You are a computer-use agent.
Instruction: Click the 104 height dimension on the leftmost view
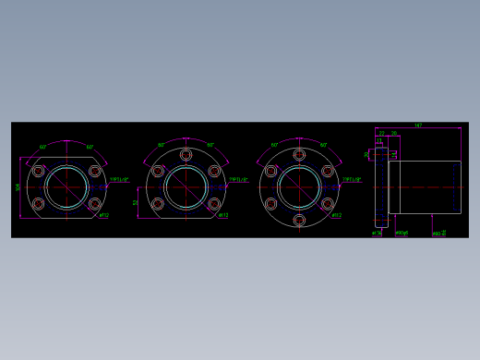[17, 187]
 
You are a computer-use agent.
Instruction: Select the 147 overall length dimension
[417, 125]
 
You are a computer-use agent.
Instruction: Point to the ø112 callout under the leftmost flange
[103, 216]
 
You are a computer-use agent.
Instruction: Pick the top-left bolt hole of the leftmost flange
[38, 172]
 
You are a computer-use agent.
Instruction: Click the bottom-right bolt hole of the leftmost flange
[94, 203]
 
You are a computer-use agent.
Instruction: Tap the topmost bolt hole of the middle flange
[186, 155]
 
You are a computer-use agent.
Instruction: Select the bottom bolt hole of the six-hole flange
[299, 220]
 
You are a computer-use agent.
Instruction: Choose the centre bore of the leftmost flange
[66, 187]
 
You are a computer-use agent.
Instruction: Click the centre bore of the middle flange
[186, 187]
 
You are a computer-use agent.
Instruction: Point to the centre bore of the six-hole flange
[299, 187]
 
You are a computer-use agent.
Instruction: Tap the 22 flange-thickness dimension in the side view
[381, 133]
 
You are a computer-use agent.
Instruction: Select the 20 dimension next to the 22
[394, 133]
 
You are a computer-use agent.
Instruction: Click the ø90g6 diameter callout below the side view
[402, 233]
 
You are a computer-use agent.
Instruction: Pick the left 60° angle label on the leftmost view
[43, 147]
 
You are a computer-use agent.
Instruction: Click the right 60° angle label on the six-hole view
[323, 146]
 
